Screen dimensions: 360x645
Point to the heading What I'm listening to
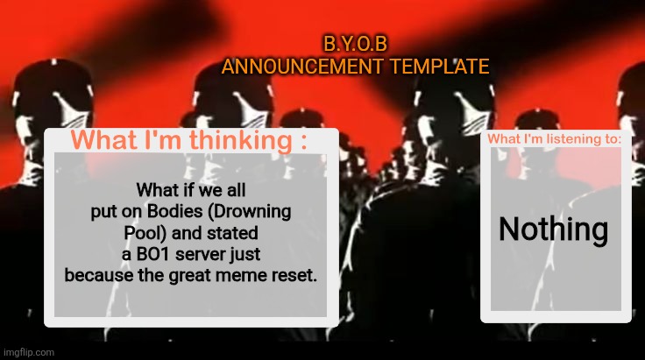pos(555,138)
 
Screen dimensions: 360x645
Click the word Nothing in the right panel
pos(554,229)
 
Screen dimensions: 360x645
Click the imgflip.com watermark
pos(29,352)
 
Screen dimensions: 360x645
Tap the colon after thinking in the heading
pos(301,142)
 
